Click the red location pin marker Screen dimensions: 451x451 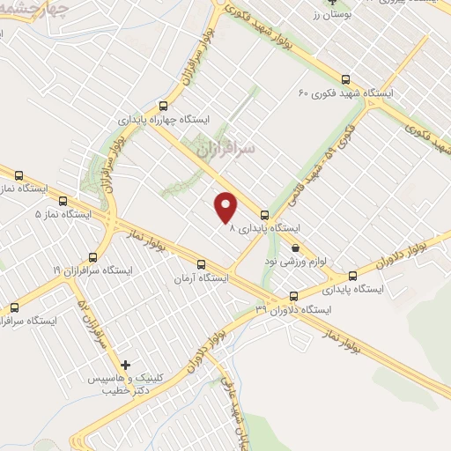tap(227, 207)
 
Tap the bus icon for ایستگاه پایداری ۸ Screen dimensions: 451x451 tap(264, 214)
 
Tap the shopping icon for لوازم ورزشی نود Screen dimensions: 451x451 tap(295, 248)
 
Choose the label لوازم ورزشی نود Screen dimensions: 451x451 tap(290, 262)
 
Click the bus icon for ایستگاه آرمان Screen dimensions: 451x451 tap(202, 263)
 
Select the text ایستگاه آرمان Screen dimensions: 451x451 tap(203, 277)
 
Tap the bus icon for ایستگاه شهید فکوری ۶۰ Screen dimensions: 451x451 tap(345, 78)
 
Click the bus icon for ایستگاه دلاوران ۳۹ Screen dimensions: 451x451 tap(293, 297)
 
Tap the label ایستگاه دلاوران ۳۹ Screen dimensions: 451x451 tap(293, 310)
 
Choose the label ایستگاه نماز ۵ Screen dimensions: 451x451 tap(63, 214)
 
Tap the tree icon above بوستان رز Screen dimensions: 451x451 tap(331, 3)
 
